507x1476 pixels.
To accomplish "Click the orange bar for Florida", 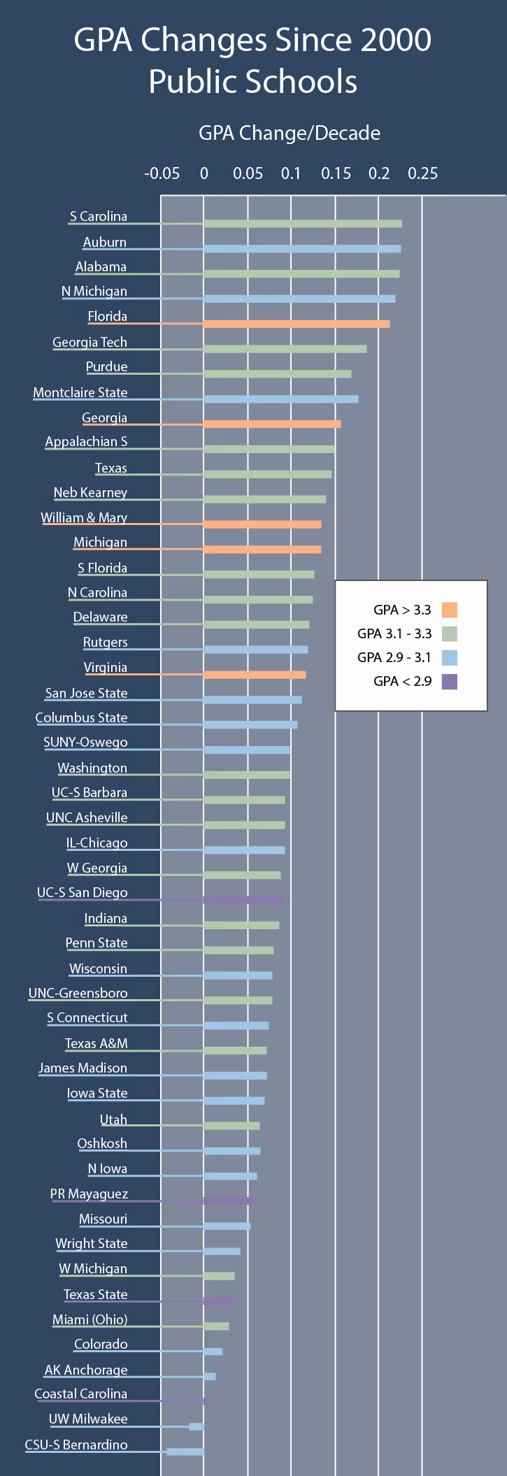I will pyautogui.click(x=297, y=324).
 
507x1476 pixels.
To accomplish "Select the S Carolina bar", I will pyautogui.click(x=302, y=224).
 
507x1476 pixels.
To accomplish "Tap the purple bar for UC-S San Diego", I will pyautogui.click(x=243, y=900).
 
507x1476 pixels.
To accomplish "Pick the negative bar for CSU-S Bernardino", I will pyautogui.click(x=185, y=1452).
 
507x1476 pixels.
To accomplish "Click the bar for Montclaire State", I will pyautogui.click(x=280, y=399).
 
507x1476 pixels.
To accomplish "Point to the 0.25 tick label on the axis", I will pyautogui.click(x=422, y=173).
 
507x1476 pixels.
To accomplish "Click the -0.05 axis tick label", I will pyautogui.click(x=162, y=173).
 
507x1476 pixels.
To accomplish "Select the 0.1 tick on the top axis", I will pyautogui.click(x=291, y=173).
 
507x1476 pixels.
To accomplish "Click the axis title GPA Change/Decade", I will pyautogui.click(x=290, y=133).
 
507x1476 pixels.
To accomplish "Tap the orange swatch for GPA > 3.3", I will pyautogui.click(x=449, y=610).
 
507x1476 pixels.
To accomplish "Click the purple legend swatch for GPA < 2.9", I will pyautogui.click(x=449, y=681).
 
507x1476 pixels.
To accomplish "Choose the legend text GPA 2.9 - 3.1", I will pyautogui.click(x=394, y=657).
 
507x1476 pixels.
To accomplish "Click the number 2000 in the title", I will pyautogui.click(x=395, y=41).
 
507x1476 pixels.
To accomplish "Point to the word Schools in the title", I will pyautogui.click(x=292, y=82).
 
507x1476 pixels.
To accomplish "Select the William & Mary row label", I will pyautogui.click(x=84, y=517).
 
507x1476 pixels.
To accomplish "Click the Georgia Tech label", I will pyautogui.click(x=90, y=342).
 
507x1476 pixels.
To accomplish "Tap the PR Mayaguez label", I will pyautogui.click(x=89, y=1194).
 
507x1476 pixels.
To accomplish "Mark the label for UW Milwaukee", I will pyautogui.click(x=88, y=1419).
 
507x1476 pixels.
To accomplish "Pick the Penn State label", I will pyautogui.click(x=97, y=943).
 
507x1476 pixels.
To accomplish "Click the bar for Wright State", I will pyautogui.click(x=222, y=1251).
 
